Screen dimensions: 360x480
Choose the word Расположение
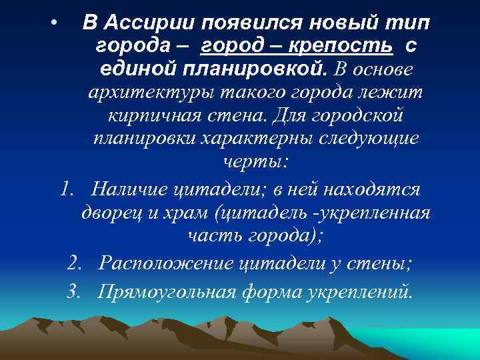(165, 263)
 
